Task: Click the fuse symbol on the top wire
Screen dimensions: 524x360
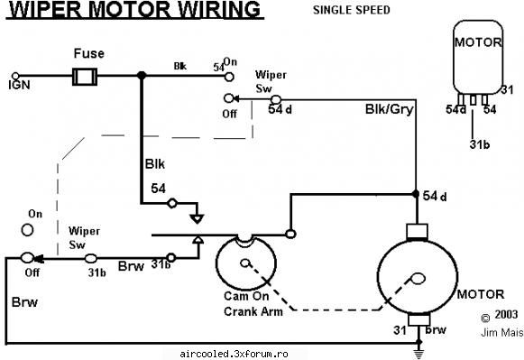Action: click(85, 77)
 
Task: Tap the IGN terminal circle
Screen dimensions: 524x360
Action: click(15, 76)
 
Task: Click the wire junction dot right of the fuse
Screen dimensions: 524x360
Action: click(142, 76)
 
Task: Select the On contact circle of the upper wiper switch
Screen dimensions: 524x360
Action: click(229, 77)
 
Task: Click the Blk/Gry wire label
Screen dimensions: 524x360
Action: click(390, 109)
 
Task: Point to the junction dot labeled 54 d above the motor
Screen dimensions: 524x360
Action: click(416, 194)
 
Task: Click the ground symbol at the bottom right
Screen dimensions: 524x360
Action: click(418, 354)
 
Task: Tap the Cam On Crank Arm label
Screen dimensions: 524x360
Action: click(253, 303)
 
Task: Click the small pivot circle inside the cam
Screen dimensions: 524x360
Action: click(245, 263)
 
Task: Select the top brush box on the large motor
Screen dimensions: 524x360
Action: click(417, 231)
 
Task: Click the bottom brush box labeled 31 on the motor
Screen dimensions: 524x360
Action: click(419, 319)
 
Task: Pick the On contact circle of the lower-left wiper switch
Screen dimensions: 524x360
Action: click(27, 230)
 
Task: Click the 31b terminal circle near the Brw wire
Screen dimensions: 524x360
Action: click(170, 258)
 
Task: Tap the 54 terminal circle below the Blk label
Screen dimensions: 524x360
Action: click(172, 203)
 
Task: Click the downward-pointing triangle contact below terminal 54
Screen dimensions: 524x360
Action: click(197, 219)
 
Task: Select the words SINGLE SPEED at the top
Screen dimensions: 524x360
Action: click(351, 10)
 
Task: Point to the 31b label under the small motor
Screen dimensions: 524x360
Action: click(480, 144)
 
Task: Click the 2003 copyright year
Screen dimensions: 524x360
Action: click(506, 315)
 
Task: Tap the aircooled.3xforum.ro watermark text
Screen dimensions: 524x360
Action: click(234, 354)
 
